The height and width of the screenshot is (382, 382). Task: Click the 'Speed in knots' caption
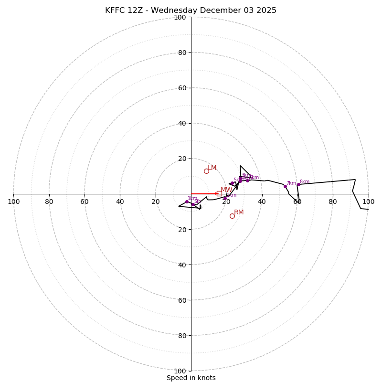(191, 378)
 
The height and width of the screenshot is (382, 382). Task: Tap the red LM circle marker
(206, 171)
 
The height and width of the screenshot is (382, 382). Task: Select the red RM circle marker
(232, 216)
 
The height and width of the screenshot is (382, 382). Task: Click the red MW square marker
(219, 193)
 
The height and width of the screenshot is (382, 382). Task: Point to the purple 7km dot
(285, 186)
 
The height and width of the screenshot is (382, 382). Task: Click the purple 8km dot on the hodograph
(298, 184)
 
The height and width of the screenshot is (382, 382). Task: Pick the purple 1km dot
(187, 202)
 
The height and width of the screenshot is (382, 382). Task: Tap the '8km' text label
(305, 181)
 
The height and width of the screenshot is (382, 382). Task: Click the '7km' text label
(291, 183)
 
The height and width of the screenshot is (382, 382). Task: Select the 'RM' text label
(239, 212)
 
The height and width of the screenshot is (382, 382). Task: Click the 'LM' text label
(212, 168)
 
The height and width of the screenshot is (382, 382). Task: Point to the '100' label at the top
(180, 17)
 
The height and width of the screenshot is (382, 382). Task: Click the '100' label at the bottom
(180, 371)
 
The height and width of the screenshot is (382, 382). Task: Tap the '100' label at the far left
(13, 202)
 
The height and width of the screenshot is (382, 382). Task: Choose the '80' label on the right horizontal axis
(333, 202)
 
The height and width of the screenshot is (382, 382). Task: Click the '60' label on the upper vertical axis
(181, 88)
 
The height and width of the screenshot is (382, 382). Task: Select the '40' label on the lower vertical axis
(181, 265)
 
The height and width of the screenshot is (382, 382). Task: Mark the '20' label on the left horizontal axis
(156, 202)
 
